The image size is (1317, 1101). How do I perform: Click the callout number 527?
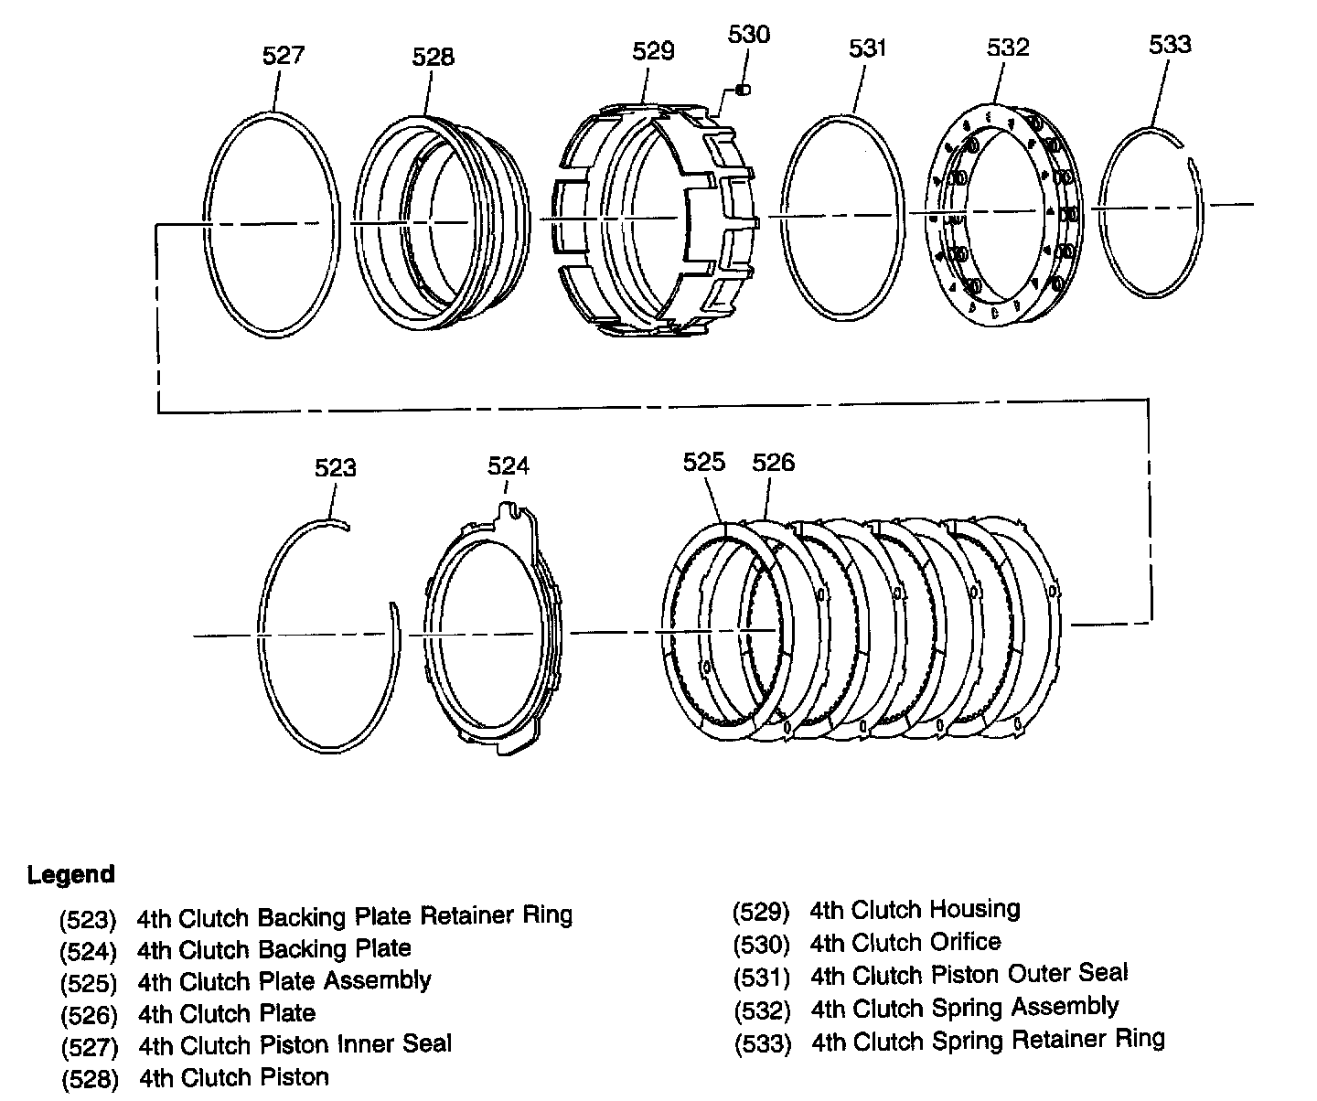click(283, 55)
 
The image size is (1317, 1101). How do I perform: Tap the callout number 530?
click(749, 35)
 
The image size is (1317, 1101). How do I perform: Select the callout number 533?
click(1171, 45)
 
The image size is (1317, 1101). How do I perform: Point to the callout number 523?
click(335, 468)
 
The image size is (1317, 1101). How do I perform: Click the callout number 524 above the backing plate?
click(508, 466)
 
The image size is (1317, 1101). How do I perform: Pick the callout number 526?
click(774, 463)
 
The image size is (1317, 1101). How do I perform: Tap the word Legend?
click(71, 874)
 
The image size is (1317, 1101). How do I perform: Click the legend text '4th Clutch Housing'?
click(915, 910)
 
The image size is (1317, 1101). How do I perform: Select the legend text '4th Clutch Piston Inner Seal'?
click(294, 1044)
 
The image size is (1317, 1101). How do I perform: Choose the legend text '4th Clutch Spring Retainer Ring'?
click(988, 1040)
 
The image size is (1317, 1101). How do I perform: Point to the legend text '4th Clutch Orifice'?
click(905, 942)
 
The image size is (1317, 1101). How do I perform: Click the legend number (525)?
click(89, 984)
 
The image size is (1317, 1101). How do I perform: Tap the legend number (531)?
click(761, 977)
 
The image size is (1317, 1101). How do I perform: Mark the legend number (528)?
click(90, 1080)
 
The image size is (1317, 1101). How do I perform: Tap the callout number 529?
click(653, 51)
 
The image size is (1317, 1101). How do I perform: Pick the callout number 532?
click(1008, 48)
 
